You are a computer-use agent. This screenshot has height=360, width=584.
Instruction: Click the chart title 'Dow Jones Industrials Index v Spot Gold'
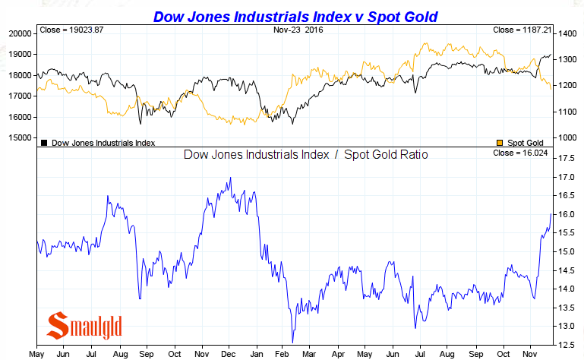pos(295,16)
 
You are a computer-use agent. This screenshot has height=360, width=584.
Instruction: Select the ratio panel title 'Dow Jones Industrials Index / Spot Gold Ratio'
pos(306,155)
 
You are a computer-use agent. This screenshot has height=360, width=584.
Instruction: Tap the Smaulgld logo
pos(84,326)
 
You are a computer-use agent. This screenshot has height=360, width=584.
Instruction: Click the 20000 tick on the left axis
pos(19,33)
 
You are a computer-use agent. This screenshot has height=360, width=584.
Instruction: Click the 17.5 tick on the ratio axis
pos(566,158)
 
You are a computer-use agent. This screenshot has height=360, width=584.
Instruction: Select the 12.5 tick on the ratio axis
pos(566,344)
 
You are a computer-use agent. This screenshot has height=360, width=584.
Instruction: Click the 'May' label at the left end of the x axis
pos(36,354)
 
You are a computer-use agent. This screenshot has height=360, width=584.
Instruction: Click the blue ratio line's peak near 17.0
pos(230,178)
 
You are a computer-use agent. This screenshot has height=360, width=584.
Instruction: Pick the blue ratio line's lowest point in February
pos(292,342)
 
